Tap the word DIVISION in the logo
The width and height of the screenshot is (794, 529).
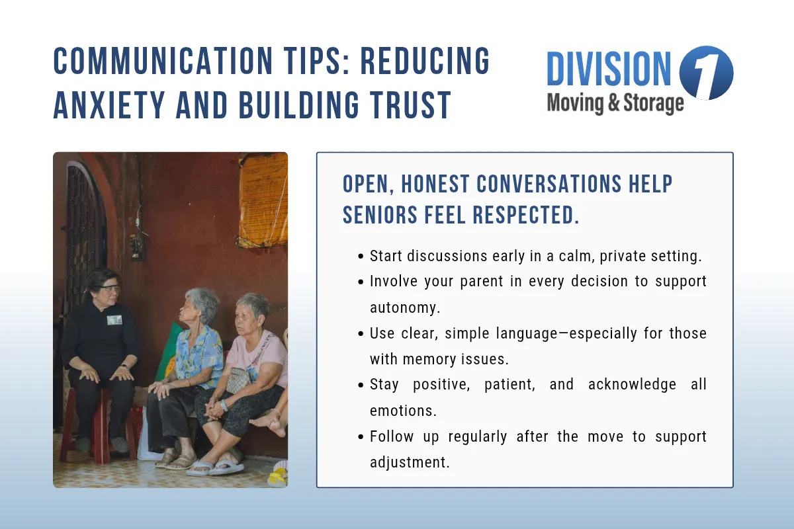pyautogui.click(x=609, y=69)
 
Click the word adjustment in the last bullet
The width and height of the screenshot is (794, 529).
pyautogui.click(x=410, y=462)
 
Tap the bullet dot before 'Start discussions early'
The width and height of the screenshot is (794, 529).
pyautogui.click(x=360, y=257)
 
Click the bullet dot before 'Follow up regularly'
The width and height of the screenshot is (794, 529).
pyautogui.click(x=360, y=437)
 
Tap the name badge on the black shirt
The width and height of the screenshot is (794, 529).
pyautogui.click(x=114, y=320)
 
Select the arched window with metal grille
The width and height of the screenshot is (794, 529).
pyautogui.click(x=85, y=225)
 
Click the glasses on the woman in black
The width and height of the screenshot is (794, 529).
pyautogui.click(x=109, y=288)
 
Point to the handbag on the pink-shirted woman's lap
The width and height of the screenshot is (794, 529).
pyautogui.click(x=239, y=379)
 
